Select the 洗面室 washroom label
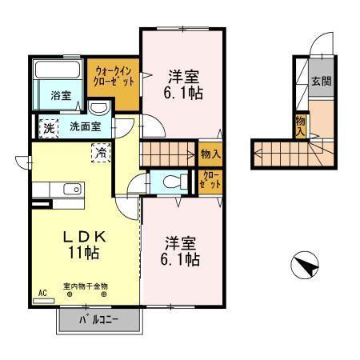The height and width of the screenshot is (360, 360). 84,126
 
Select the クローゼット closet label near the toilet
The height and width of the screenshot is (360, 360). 210,181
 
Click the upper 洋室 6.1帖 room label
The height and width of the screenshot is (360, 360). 183,84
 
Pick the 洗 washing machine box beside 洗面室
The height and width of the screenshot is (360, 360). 47,126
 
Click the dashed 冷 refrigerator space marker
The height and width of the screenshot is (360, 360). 102,150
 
